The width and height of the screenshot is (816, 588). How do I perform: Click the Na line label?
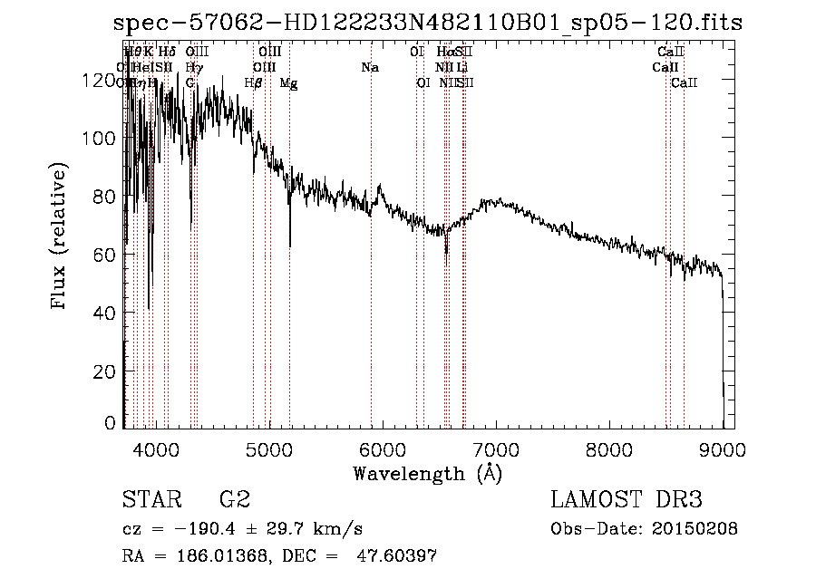click(370, 68)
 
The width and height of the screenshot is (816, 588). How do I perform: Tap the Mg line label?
click(288, 83)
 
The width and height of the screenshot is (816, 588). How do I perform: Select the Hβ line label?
click(254, 83)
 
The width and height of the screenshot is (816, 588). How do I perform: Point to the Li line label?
click(462, 68)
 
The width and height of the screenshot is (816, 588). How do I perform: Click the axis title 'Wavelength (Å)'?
click(427, 473)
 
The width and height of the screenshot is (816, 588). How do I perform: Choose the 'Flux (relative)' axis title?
click(61, 236)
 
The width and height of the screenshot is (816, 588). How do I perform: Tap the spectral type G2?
click(235, 500)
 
